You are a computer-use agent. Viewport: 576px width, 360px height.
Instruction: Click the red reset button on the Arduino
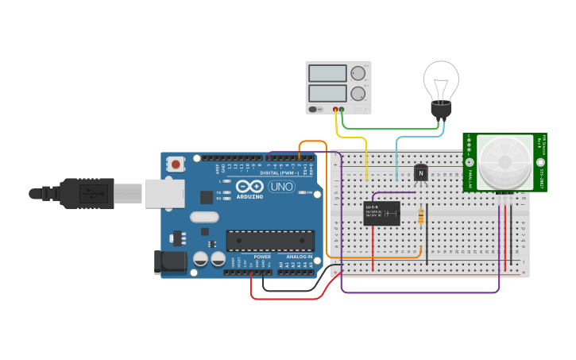pos(175,164)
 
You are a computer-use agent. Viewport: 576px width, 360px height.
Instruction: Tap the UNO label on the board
pos(280,187)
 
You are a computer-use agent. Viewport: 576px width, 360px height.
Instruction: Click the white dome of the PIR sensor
pos(504,162)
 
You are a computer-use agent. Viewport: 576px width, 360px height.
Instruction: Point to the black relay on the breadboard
pos(381,214)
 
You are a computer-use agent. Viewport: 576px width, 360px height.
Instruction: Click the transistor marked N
pos(420,172)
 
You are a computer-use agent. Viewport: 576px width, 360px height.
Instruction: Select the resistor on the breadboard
pos(420,215)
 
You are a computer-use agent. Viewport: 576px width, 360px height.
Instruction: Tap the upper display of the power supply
pos(327,73)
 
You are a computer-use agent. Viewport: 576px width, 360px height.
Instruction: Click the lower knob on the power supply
pos(358,94)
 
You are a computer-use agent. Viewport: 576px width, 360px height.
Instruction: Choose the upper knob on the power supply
pos(358,73)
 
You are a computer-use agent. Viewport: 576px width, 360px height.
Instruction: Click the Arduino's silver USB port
pos(164,193)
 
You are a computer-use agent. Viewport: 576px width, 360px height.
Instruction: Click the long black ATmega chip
pos(270,241)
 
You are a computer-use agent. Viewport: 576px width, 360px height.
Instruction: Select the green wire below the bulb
pos(389,127)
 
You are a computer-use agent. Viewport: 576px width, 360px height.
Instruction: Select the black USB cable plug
pos(87,193)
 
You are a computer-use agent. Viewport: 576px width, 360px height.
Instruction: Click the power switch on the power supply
pos(314,109)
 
